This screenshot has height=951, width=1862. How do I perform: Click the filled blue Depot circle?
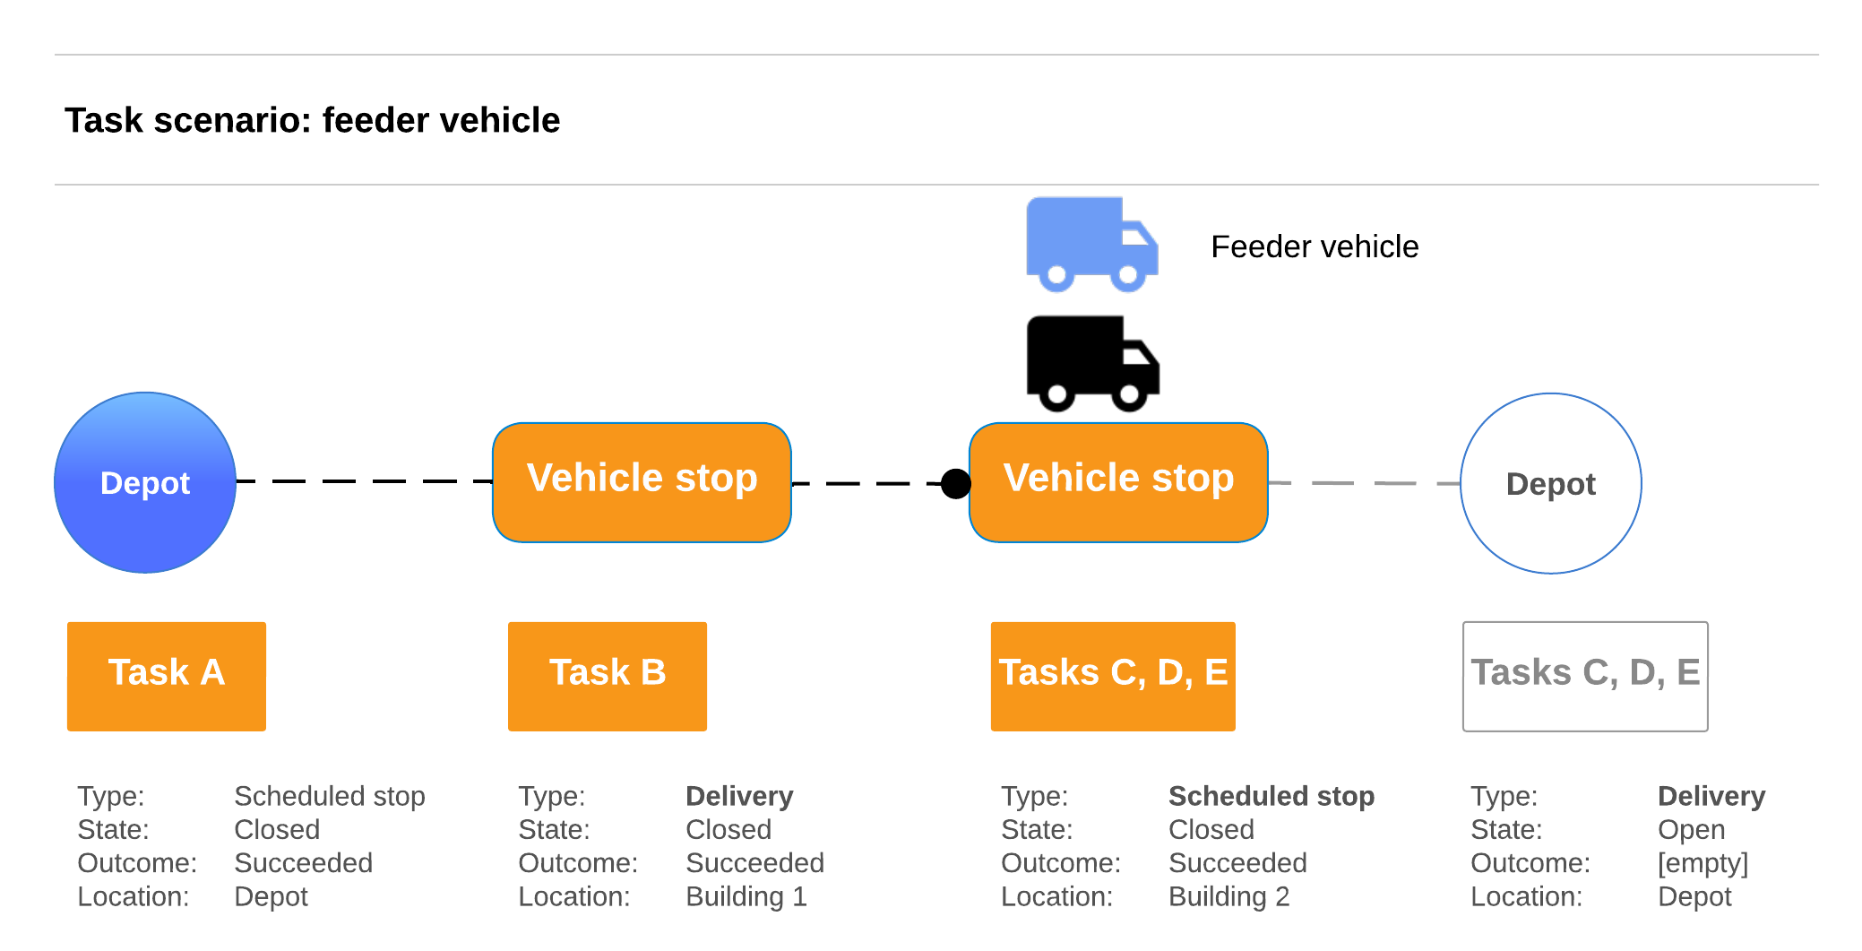point(145,483)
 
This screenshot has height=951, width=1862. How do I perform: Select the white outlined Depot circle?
point(1550,483)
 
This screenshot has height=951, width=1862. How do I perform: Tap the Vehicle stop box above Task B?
point(642,482)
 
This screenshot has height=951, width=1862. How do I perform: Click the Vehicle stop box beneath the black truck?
point(1118,482)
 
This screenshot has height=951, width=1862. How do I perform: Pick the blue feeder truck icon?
point(1091,245)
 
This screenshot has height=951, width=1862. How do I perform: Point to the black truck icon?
point(1091,363)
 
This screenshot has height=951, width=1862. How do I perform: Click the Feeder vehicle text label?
point(1315,246)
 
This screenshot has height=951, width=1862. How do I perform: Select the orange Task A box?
point(167,676)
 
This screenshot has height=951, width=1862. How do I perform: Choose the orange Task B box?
point(608,676)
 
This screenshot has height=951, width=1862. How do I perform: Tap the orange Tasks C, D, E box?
point(1113,676)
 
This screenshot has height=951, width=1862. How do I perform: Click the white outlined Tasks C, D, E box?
point(1585,676)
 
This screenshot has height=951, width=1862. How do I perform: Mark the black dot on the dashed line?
point(956,483)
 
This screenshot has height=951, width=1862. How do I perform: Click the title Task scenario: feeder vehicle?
point(312,120)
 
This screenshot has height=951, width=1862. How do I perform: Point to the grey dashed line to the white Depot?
point(1364,483)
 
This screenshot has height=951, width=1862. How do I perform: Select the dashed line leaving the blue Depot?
point(364,481)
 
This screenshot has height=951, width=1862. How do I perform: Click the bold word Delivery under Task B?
point(739,796)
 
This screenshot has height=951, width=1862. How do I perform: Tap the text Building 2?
point(1228,896)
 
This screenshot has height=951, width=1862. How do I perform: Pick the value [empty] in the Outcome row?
point(1703,863)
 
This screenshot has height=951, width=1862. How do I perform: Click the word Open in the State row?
point(1691,829)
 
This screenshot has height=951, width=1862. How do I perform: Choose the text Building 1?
point(746,896)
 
